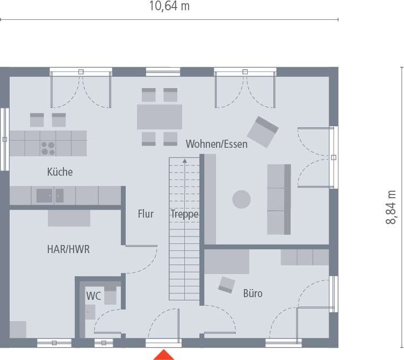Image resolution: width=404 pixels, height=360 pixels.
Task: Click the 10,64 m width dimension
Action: [x=169, y=6]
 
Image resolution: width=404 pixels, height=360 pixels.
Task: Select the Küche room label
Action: [x=60, y=172]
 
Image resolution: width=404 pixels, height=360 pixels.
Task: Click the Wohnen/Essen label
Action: [x=217, y=144]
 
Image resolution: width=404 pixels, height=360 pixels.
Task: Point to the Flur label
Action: [x=146, y=214]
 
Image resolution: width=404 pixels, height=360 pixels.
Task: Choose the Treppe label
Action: [x=185, y=214]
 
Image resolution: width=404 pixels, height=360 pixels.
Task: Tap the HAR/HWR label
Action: [x=68, y=249]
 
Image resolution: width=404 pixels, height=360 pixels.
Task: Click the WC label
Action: [x=93, y=296]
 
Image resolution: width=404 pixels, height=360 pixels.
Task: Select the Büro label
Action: [x=252, y=294]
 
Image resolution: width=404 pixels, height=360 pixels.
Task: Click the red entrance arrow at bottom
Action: [x=164, y=355]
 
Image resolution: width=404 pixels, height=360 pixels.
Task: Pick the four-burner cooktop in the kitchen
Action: [x=48, y=148]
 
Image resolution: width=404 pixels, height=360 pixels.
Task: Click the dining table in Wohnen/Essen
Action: [x=160, y=117]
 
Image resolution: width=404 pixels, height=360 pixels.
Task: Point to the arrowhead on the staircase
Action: [x=184, y=160]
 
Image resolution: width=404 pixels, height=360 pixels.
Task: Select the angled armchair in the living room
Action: [x=262, y=132]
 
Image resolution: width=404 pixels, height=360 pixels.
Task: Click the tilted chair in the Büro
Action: [x=226, y=285]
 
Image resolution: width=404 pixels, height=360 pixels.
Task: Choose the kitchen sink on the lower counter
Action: [x=45, y=196]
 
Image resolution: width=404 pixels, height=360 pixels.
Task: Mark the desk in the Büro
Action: [x=226, y=262]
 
